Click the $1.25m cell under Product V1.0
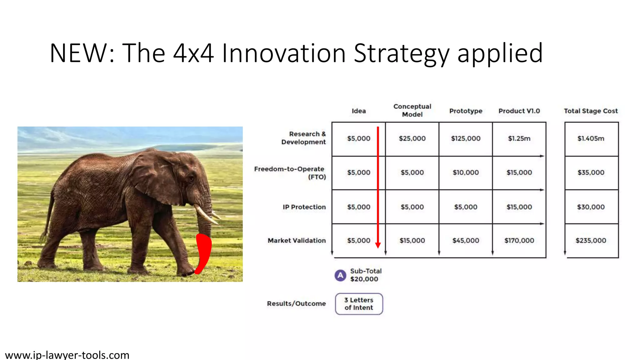[x=519, y=138]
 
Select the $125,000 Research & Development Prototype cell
[x=466, y=138]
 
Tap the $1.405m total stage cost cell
[x=591, y=138]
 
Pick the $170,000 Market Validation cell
[x=519, y=241]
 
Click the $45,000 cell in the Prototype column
[x=466, y=241]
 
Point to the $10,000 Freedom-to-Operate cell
[x=466, y=172]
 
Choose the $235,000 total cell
[x=591, y=241]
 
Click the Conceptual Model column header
[x=412, y=111]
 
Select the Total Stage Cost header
[x=591, y=111]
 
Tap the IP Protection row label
[x=304, y=207]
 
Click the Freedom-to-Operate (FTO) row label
[x=290, y=173]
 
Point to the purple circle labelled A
[x=340, y=275]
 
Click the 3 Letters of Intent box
[x=359, y=304]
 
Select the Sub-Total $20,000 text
[x=365, y=275]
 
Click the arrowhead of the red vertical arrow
[x=378, y=245]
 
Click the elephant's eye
[x=191, y=178]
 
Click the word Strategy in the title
[x=401, y=54]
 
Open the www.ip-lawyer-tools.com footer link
[x=67, y=355]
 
